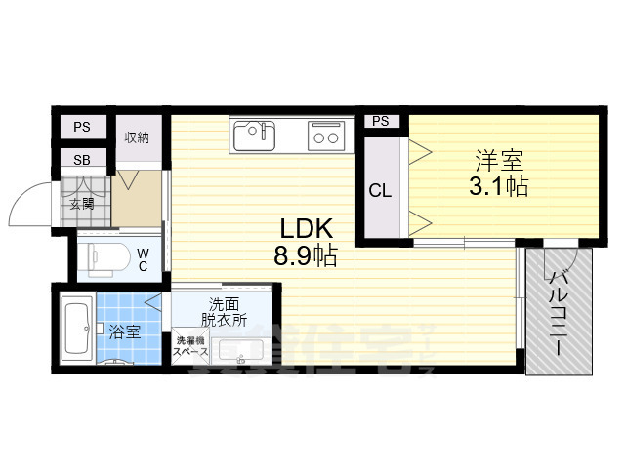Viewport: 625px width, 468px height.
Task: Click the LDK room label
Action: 308,230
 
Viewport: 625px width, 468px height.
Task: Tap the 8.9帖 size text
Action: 308,258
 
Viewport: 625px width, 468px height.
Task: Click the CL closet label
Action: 380,191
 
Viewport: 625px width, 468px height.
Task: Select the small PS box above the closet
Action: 380,122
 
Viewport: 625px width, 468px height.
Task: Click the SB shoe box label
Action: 81,160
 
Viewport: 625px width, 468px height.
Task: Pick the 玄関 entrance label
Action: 82,205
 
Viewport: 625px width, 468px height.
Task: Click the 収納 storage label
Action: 137,137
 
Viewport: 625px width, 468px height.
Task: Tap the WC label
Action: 143,259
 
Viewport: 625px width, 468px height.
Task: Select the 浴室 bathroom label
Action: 125,331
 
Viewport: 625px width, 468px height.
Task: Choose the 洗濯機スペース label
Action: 189,346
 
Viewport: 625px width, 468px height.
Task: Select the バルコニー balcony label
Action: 560,312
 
